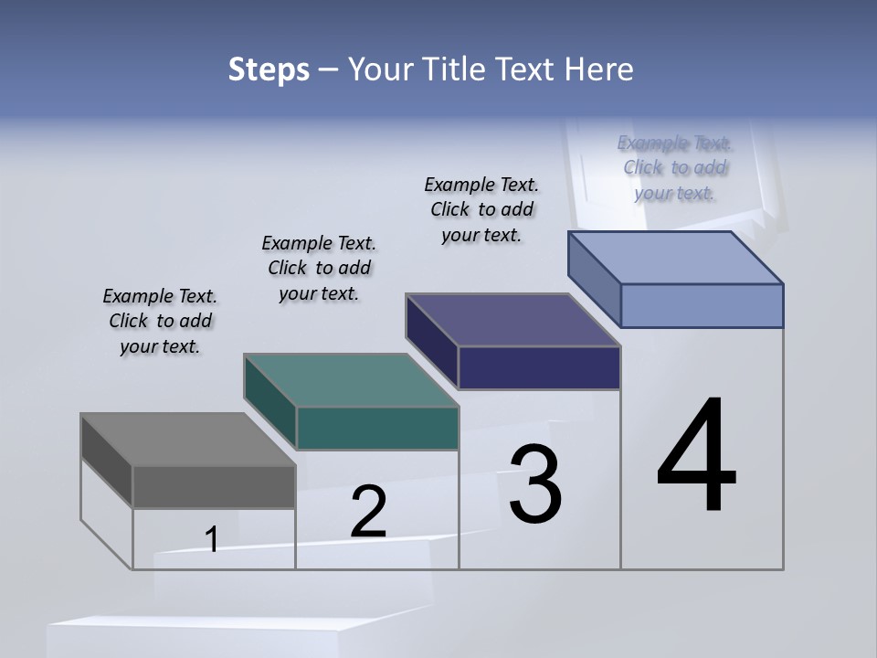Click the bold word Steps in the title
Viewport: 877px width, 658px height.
tap(269, 69)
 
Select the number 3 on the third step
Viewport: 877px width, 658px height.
tap(535, 484)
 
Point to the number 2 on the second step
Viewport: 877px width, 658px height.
tap(368, 513)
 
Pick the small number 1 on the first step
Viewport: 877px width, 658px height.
tap(212, 540)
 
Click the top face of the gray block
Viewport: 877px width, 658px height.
tap(187, 439)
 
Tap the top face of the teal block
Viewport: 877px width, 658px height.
tap(351, 379)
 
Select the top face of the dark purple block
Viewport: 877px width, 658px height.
tap(513, 320)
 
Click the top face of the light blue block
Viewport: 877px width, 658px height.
tap(676, 257)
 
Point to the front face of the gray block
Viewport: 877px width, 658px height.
tap(214, 486)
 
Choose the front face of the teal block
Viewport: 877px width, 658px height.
tap(377, 428)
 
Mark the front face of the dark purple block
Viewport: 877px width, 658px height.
tap(539, 367)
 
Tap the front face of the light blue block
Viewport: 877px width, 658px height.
tap(702, 305)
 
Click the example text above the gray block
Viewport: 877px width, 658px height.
tap(160, 322)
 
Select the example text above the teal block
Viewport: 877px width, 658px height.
tap(319, 269)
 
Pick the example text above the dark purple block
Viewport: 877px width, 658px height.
tap(481, 209)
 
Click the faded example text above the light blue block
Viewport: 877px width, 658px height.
tap(675, 167)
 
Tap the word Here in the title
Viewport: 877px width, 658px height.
tap(600, 69)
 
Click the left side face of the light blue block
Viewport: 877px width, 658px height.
tap(595, 278)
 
